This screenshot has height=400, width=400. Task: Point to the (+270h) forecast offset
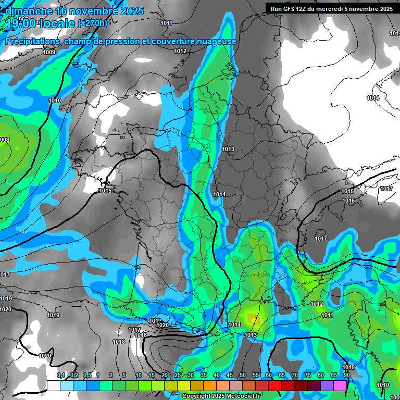tap(93, 23)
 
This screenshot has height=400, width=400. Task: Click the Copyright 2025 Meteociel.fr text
tap(221, 396)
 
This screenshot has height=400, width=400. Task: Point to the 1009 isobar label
tap(49, 52)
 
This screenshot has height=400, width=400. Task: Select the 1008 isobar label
tap(4, 140)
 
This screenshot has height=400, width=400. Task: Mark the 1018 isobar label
tap(119, 342)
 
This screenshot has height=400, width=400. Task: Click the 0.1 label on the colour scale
tap(61, 376)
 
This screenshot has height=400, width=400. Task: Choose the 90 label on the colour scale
tap(346, 376)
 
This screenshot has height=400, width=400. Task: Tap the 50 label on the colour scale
tap(242, 376)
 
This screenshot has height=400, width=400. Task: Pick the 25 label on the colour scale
tap(178, 376)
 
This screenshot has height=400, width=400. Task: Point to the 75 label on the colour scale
tap(307, 376)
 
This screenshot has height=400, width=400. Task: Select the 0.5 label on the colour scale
tap(86, 376)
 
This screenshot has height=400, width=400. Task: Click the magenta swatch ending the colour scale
tap(340, 385)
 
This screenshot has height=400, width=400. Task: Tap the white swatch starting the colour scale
tap(54, 385)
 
